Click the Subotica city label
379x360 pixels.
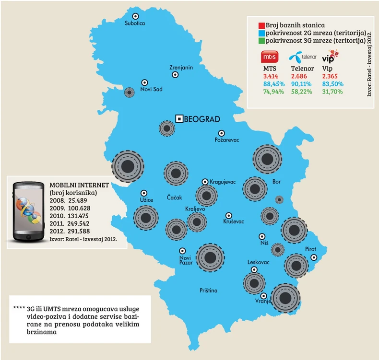tap(134, 23)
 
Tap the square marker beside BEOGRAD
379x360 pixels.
tap(179, 118)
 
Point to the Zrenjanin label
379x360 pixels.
tap(181, 68)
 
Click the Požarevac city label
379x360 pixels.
tap(227, 140)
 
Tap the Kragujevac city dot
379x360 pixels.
tap(205, 182)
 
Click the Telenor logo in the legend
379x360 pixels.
tap(302, 56)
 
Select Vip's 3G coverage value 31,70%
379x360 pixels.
tap(332, 91)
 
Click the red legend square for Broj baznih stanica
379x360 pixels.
tap(261, 25)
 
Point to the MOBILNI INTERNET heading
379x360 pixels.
tap(79, 185)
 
